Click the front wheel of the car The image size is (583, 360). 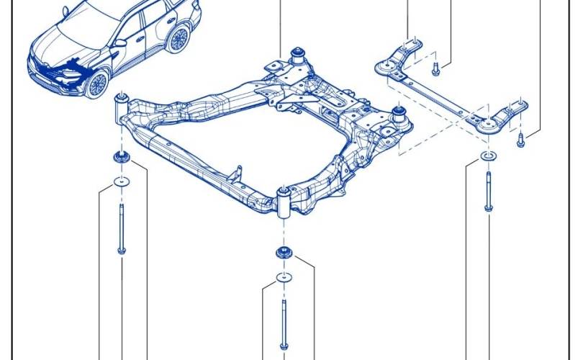pos(96,84)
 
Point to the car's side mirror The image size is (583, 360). pos(119,43)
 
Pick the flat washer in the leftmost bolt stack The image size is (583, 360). pos(121,180)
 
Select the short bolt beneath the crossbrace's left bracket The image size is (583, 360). pos(435,69)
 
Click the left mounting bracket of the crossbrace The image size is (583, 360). pos(400,58)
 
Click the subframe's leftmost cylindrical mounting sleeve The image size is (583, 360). pos(122,107)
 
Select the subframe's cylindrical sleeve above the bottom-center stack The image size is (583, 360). pos(285,202)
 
